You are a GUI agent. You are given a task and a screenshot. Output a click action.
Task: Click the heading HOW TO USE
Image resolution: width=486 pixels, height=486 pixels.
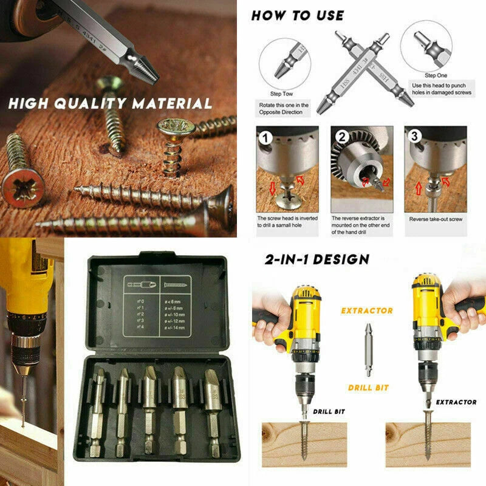coord(297,15)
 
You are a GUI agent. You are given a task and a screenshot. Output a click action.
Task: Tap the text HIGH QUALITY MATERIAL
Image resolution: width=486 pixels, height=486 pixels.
coord(110,103)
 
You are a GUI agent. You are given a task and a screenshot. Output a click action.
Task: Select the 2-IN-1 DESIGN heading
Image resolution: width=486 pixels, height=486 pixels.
coord(317,259)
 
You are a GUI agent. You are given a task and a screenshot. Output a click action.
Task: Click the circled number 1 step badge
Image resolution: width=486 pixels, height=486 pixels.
coord(265,137)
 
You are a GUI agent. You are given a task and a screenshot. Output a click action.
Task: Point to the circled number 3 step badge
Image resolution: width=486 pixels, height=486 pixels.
coord(415,137)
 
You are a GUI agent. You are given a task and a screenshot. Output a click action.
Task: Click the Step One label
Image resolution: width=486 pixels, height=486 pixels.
coord(436,75)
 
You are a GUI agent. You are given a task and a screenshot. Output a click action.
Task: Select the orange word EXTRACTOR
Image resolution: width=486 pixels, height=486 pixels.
coord(366,310)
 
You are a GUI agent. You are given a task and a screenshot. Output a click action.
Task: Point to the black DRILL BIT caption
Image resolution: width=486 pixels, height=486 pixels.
coord(329,411)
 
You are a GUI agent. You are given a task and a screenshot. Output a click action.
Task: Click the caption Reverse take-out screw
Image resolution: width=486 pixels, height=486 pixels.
coord(435,219)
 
